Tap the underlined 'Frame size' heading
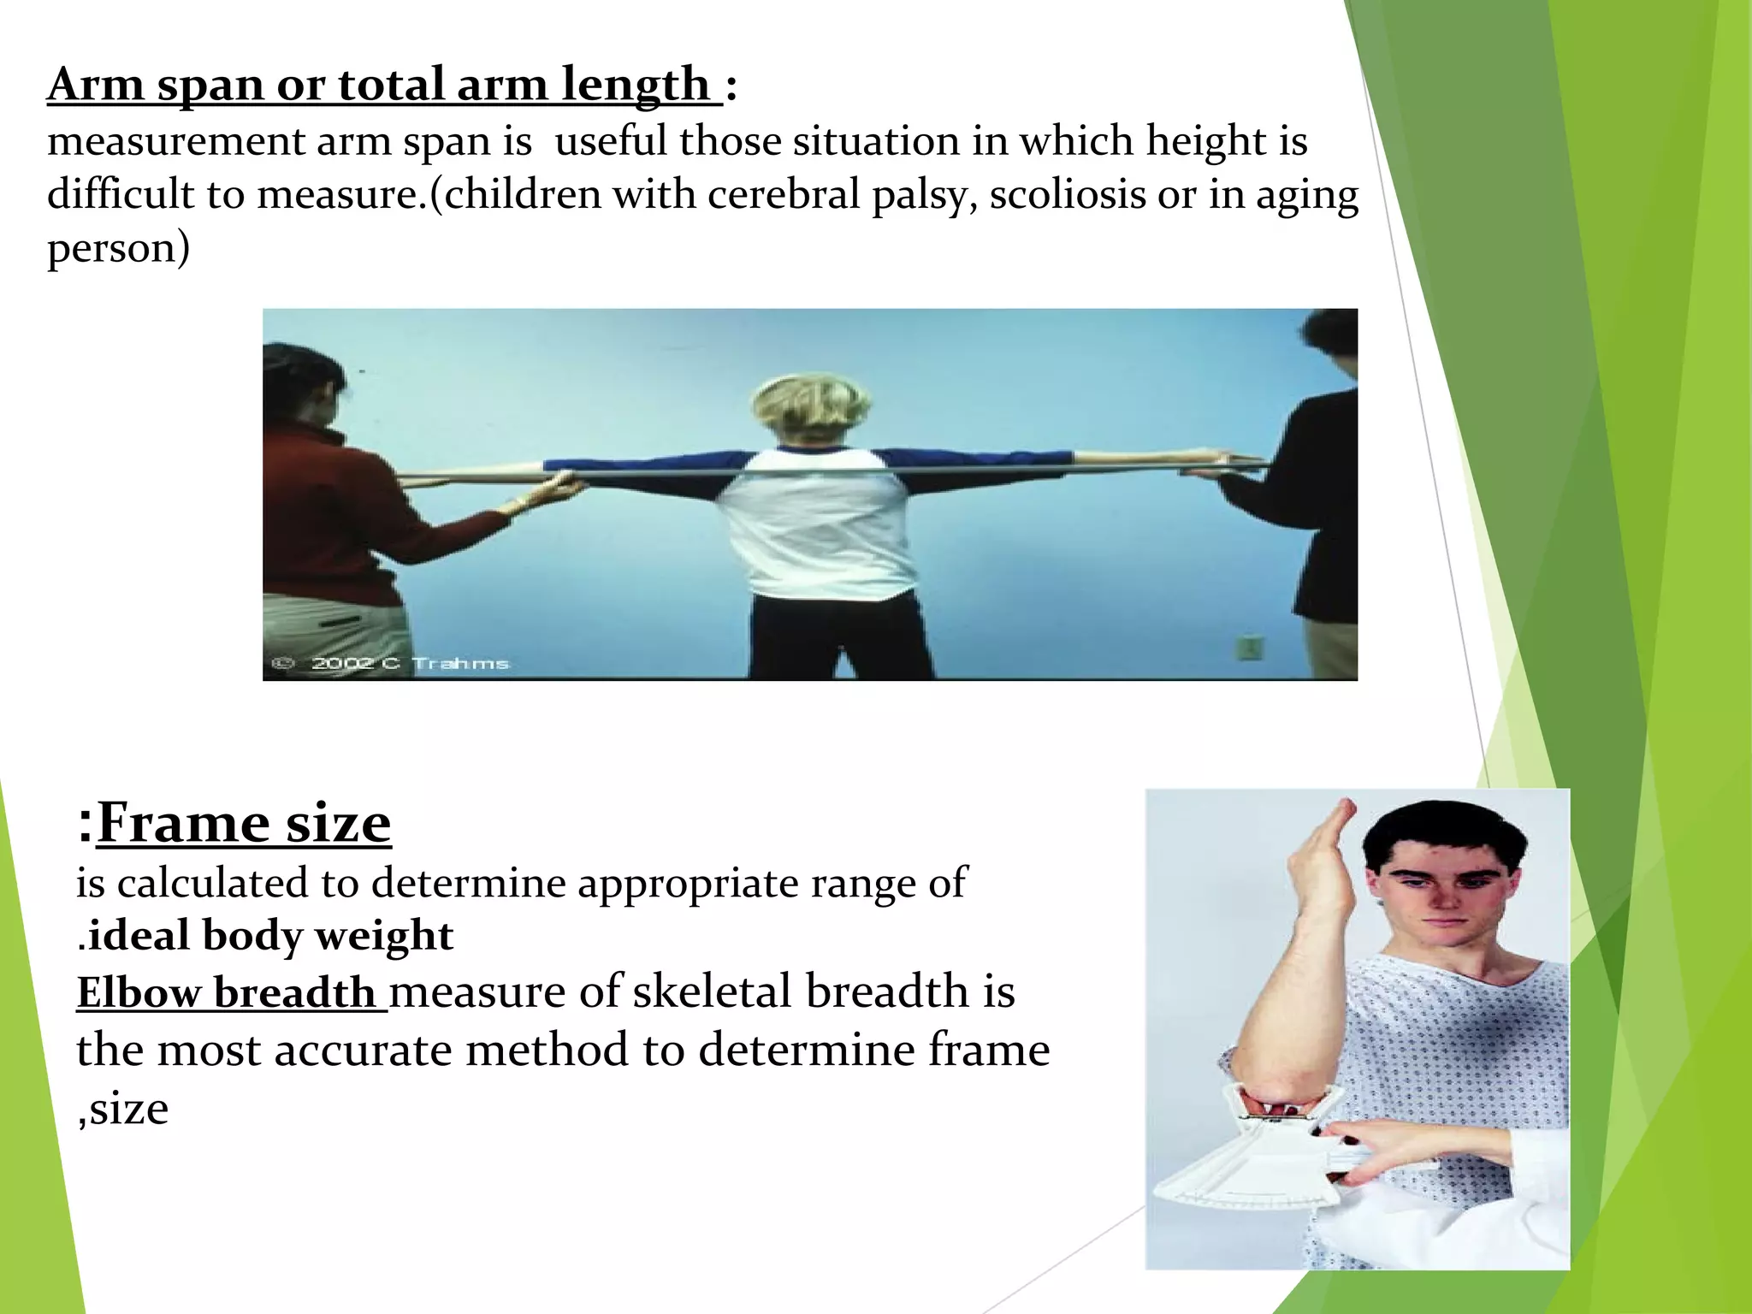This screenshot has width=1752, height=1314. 244,822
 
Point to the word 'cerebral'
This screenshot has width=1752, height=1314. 784,194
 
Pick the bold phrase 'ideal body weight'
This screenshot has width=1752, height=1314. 270,935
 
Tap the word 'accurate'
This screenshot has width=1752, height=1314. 363,1050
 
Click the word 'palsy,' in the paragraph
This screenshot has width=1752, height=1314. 926,194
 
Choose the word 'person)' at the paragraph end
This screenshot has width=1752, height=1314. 118,248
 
